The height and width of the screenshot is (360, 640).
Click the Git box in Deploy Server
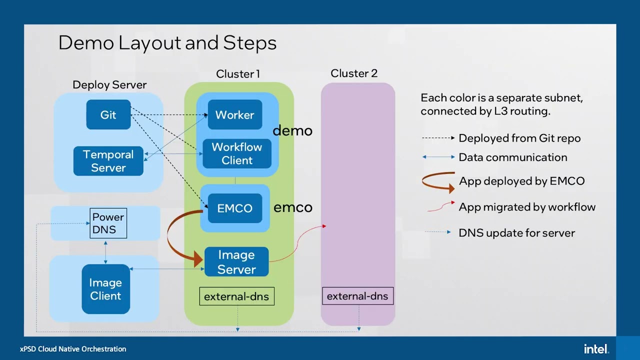click(x=108, y=115)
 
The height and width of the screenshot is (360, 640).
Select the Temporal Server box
click(x=108, y=161)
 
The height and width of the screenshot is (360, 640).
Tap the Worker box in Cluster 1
click(x=234, y=115)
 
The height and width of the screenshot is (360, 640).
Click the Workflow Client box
click(x=236, y=153)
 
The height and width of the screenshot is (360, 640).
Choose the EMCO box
click(x=234, y=208)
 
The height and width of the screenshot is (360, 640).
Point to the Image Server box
click(x=236, y=262)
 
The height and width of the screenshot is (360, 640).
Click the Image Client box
click(x=105, y=289)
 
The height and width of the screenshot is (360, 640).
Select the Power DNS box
click(x=108, y=223)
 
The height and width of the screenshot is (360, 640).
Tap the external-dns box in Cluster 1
click(x=236, y=296)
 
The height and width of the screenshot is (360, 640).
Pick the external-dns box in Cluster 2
click(x=357, y=296)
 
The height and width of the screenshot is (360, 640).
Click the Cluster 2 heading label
click(x=354, y=73)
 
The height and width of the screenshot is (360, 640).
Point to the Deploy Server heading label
click(x=109, y=85)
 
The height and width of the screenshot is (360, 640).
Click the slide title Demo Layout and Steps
click(x=167, y=43)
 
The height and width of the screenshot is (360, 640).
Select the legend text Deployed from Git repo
click(x=519, y=138)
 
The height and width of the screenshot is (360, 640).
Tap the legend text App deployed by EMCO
click(x=521, y=181)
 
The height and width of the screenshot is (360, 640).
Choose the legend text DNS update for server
click(x=516, y=233)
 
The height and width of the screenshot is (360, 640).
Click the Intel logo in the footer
click(x=596, y=348)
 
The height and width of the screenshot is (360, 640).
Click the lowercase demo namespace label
click(x=292, y=131)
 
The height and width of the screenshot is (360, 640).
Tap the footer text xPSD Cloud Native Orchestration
click(x=73, y=349)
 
